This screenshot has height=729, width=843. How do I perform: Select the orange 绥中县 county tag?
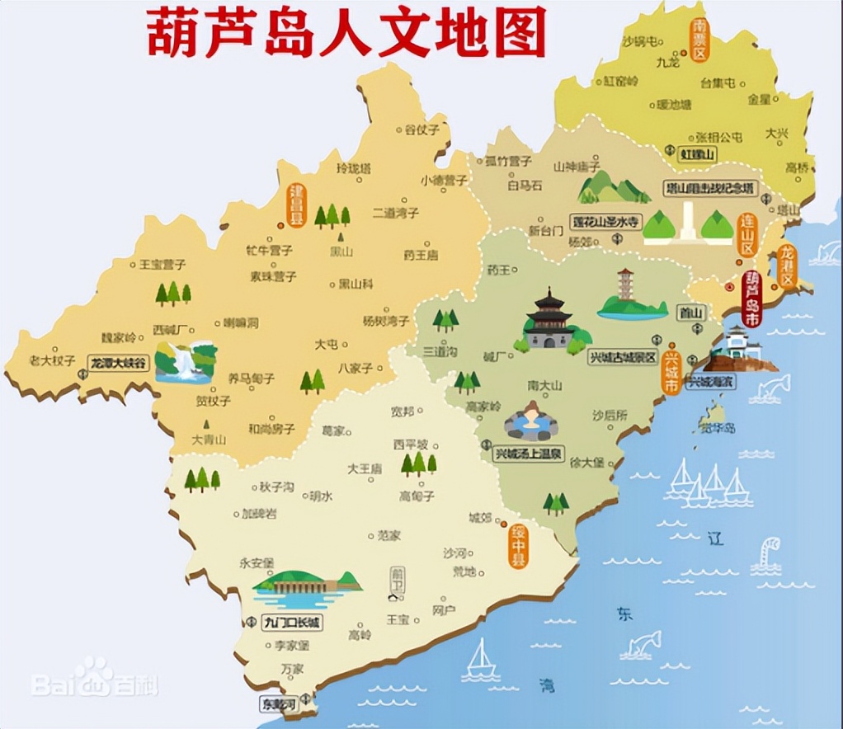[517, 543]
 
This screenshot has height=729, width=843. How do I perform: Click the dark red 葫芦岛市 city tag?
[751, 299]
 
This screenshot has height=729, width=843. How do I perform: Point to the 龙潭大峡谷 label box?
[120, 361]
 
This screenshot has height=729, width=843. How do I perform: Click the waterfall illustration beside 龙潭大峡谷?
[186, 363]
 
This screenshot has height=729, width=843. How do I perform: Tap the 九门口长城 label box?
[291, 623]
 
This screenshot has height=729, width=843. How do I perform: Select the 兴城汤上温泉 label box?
[528, 453]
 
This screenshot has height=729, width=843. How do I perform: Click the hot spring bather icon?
[530, 421]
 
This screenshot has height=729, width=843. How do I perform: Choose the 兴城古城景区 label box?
[623, 358]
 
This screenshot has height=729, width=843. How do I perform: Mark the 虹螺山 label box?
[697, 154]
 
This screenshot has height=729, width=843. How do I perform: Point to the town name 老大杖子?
[52, 360]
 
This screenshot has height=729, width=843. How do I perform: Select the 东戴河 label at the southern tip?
[277, 704]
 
